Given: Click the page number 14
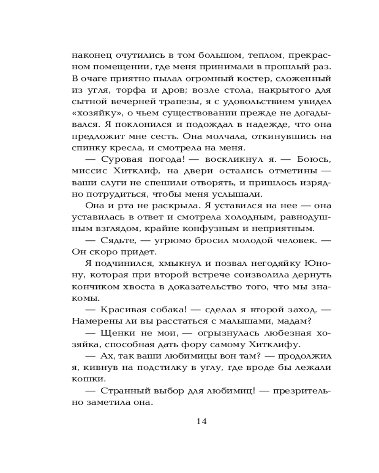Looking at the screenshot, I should tap(202, 421).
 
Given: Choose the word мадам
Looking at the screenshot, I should tap(292, 321).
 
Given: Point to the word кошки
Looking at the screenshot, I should tap(86, 379).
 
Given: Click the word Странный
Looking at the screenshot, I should tap(124, 391).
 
